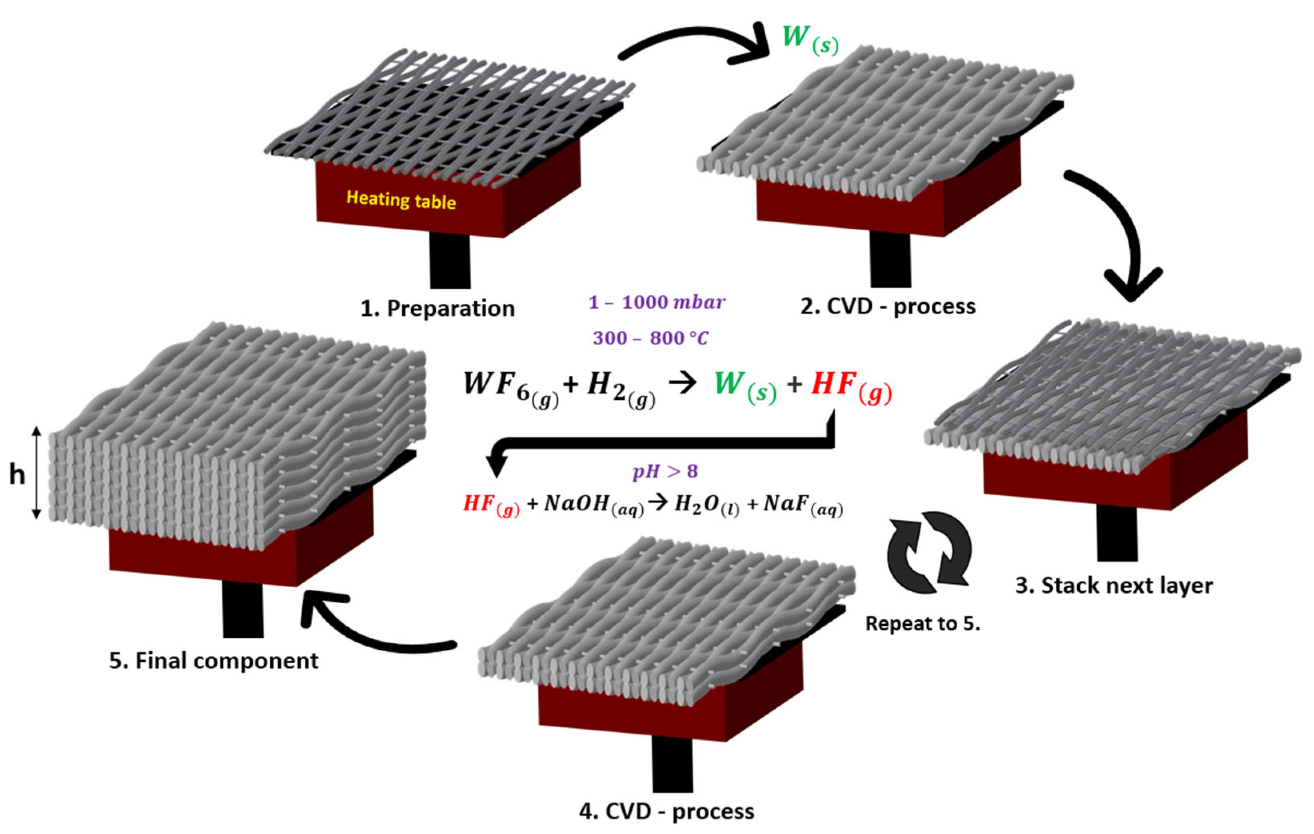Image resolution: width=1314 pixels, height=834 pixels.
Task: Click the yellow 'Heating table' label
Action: [401, 200]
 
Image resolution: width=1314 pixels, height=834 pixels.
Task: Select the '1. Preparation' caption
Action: [437, 309]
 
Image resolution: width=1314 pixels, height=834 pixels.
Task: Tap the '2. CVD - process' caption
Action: [888, 307]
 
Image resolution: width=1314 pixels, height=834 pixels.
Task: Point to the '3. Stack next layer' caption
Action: [1114, 586]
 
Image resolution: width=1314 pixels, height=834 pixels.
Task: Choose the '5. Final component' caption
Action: [214, 661]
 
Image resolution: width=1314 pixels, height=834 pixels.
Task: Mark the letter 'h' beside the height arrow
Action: [17, 475]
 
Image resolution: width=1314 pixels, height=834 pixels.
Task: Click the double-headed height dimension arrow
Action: [36, 472]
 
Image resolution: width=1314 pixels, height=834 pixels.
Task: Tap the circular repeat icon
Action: [929, 553]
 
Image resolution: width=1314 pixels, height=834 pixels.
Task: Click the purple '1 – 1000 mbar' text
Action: [657, 302]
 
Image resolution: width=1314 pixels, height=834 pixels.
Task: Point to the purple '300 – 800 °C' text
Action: [651, 338]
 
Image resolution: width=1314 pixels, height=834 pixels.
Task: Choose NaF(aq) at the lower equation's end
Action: [803, 505]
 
